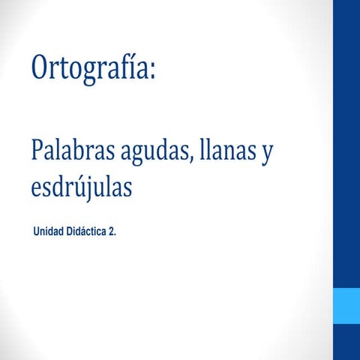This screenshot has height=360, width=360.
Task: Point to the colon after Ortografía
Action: click(x=152, y=73)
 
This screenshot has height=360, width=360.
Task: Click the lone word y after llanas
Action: click(x=265, y=155)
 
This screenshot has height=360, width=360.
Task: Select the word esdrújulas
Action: click(x=81, y=187)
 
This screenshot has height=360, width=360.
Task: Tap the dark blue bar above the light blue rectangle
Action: click(x=346, y=142)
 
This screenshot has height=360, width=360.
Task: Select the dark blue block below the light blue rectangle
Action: click(x=346, y=342)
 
